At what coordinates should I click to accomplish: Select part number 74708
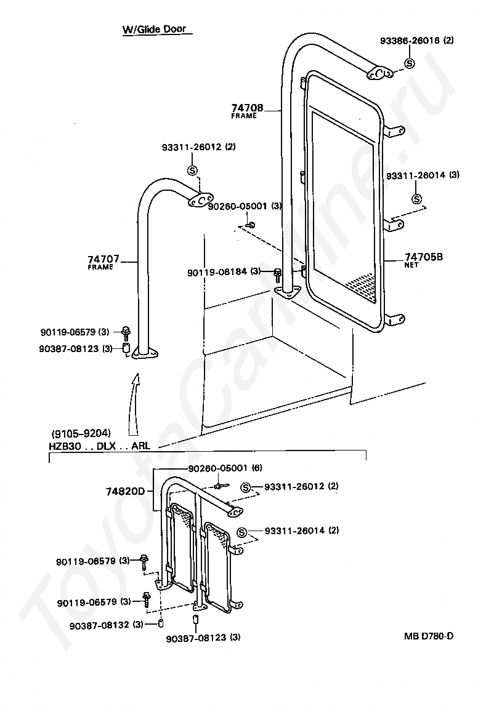[x=248, y=108]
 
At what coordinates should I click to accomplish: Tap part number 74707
[x=103, y=259]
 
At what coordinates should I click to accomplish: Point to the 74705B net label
[x=424, y=257]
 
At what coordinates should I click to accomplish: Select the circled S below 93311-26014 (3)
[x=416, y=199]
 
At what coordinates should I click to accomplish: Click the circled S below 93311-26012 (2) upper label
[x=192, y=170]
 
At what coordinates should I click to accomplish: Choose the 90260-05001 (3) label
[x=236, y=207]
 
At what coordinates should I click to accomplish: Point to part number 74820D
[x=125, y=492]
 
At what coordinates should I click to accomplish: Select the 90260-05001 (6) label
[x=217, y=468]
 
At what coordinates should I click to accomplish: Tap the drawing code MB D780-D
[x=428, y=636]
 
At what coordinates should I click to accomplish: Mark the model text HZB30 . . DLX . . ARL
[x=99, y=446]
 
